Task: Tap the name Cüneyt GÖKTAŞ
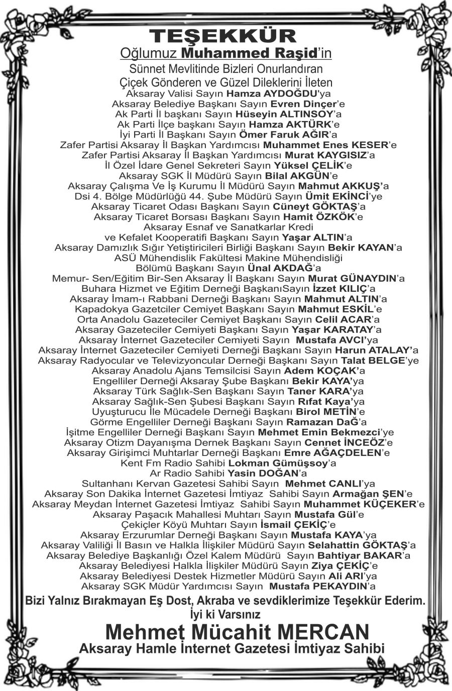point(314,206)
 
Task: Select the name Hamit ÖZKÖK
point(317,217)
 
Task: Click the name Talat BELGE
point(373,361)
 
